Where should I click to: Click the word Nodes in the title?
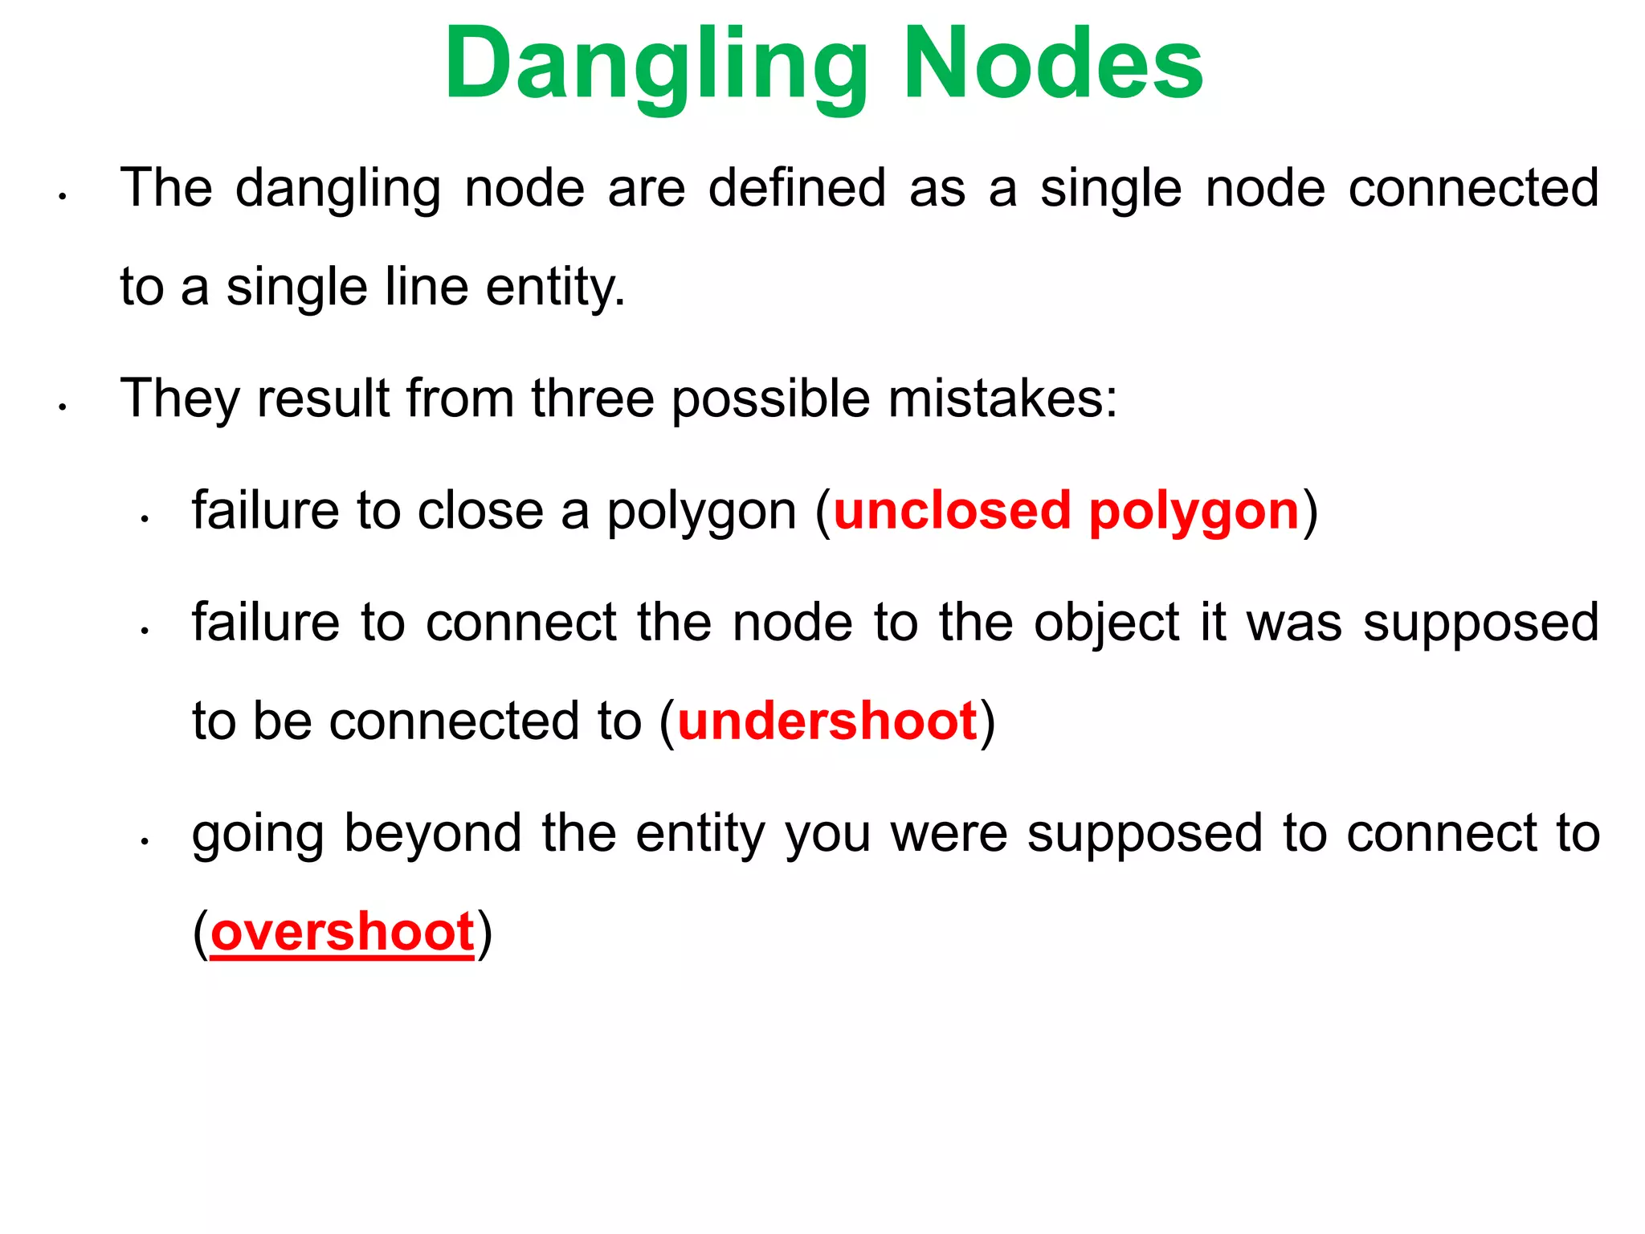point(1053,64)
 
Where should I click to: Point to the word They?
point(178,399)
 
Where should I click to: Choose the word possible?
point(770,400)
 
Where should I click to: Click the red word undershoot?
point(827,721)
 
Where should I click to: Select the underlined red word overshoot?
point(342,932)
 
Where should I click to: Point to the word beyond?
point(433,834)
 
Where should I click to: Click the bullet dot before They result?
point(62,407)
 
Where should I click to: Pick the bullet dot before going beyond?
point(145,841)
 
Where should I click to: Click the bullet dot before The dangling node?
point(62,196)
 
